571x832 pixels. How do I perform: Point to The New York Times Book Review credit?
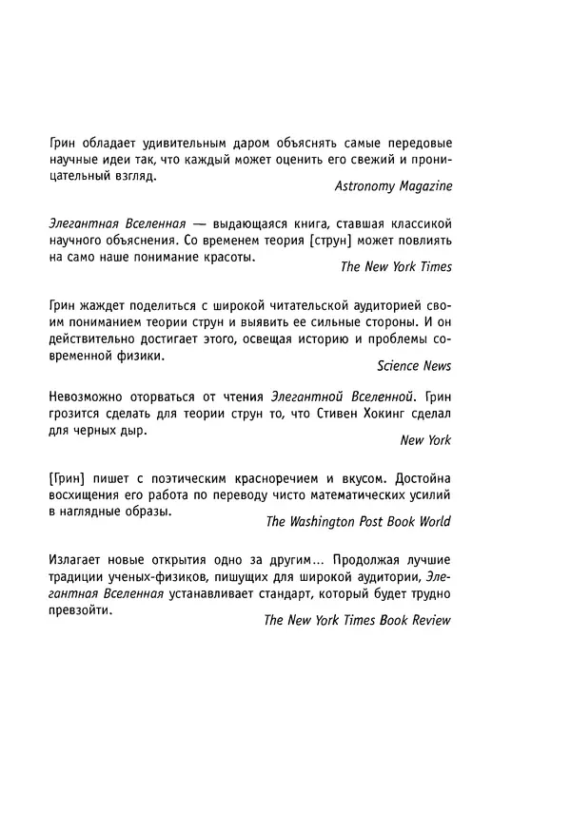[357, 620]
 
